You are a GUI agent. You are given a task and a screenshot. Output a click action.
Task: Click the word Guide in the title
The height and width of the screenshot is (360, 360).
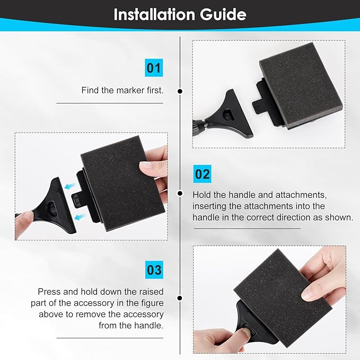223,14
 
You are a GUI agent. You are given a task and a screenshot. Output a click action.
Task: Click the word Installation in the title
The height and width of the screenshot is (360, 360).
154,14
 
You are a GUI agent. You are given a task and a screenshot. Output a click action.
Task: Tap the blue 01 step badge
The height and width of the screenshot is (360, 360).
154,68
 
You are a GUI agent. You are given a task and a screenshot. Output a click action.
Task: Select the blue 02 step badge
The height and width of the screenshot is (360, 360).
203,174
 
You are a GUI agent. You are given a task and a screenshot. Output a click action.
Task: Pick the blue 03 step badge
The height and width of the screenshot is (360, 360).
154,270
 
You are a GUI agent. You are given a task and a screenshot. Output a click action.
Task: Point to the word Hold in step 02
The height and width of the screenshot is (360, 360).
201,195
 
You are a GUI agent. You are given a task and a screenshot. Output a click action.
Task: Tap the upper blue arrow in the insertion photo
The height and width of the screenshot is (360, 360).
71,186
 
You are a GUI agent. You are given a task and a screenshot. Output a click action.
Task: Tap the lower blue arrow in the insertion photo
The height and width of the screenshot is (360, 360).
80,216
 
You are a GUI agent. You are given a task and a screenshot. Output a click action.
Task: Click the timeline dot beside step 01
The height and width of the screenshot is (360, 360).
180,91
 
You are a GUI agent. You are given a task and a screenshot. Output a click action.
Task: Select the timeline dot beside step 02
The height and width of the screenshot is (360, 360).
180,194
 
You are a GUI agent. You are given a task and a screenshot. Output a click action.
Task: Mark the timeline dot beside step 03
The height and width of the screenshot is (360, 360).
180,298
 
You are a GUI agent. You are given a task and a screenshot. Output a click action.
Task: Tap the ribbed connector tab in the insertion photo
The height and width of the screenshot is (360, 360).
77,200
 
